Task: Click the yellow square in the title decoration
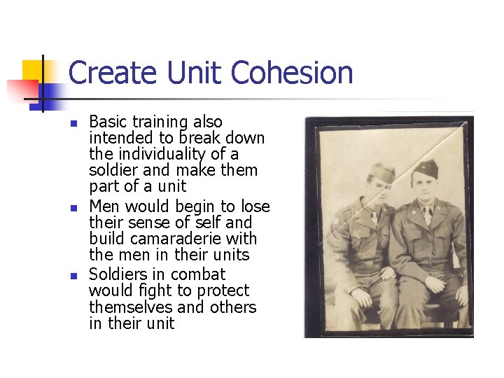coord(33,71)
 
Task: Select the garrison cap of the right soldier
coord(425,169)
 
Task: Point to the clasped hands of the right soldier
coord(434,285)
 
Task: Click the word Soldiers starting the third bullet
coord(118,274)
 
